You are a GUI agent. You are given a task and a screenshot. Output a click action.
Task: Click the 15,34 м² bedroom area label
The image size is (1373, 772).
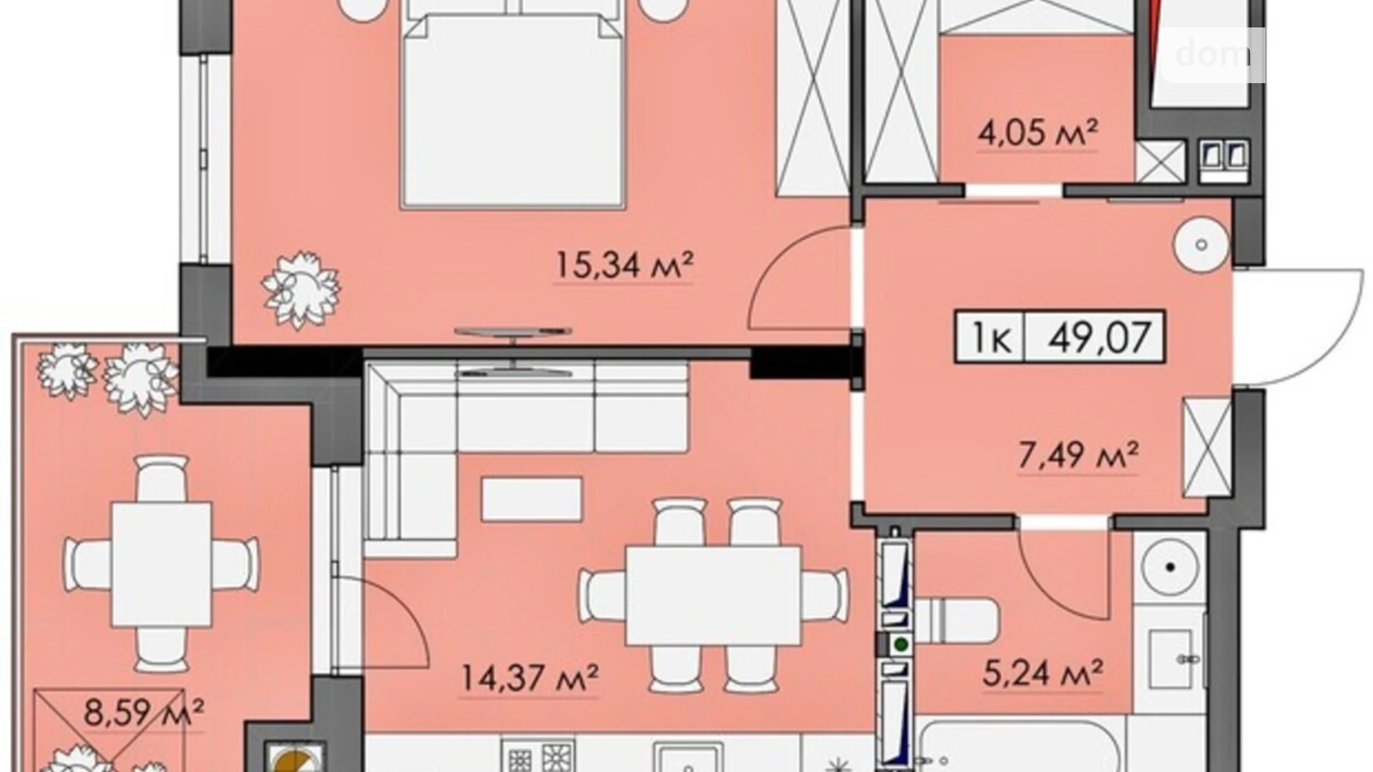point(623,265)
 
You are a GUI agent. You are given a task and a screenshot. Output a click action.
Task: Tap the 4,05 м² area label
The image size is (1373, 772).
point(1038,134)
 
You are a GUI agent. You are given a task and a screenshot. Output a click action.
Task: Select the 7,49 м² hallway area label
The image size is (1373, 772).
point(1077,455)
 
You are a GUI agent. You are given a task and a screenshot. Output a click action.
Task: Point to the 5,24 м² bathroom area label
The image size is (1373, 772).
point(1042,673)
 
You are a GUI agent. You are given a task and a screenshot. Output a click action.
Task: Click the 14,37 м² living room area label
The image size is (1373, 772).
point(529,676)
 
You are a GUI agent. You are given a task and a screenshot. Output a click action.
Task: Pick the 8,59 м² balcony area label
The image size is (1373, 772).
point(143,713)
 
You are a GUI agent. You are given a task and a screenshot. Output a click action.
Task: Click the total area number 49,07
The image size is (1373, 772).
point(1099,337)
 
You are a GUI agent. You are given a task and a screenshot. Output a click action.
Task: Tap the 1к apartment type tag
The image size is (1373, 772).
point(990,338)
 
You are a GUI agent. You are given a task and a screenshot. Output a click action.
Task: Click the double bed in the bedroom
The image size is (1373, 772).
point(512,111)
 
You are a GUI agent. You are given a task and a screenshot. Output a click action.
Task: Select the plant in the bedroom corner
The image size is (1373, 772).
point(301,289)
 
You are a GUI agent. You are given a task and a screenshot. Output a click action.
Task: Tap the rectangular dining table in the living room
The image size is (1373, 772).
point(712,595)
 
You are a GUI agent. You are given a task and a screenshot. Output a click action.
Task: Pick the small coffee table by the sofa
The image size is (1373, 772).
point(531,499)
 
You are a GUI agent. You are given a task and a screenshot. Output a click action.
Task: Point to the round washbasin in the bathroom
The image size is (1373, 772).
point(1170,568)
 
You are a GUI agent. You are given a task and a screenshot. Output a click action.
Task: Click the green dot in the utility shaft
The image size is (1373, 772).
point(901,644)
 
